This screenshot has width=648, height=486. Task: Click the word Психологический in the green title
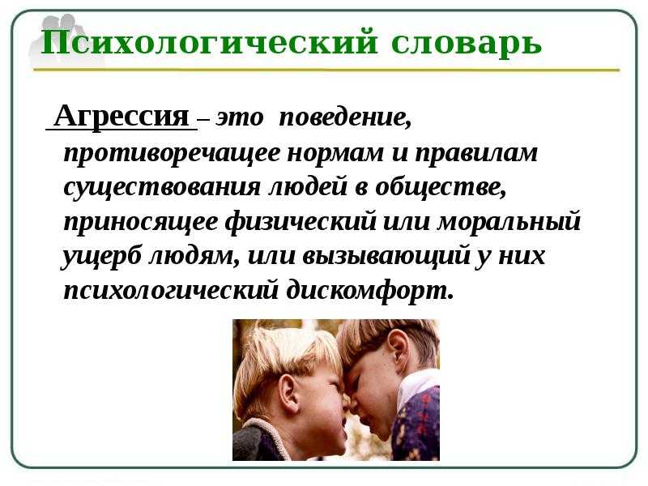pos(209,43)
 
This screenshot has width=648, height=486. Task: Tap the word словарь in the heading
pos(467,43)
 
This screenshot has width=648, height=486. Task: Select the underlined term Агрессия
pos(122,116)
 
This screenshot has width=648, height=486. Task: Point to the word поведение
pos(346,117)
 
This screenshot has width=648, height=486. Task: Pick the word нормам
pos(335,153)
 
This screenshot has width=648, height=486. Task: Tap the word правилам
pos(476,153)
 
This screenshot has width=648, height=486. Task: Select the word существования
pos(162,188)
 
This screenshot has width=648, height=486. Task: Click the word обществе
pos(441,186)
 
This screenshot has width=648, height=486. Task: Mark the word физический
pos(301,221)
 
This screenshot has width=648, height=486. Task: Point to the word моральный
pos(509,221)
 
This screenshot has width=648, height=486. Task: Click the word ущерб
pos(102,256)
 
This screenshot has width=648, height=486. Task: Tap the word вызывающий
pos(386,256)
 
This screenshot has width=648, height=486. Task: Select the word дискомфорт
pos(370,290)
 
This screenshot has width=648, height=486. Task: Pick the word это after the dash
pos(240,118)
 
